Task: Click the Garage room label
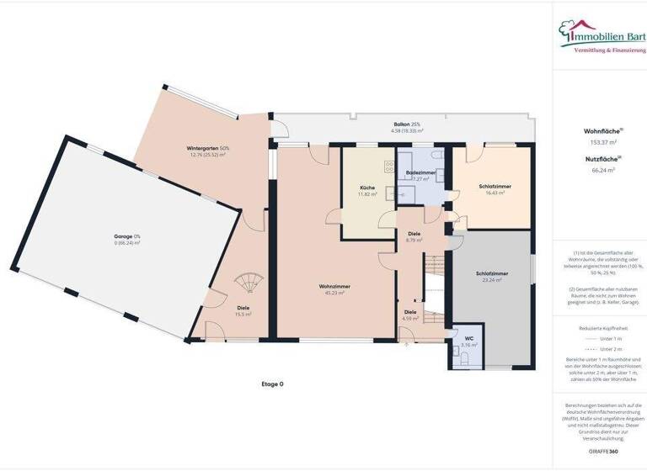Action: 127,238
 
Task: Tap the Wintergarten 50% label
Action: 208,149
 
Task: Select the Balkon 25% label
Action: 407,124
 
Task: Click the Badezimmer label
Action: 420,172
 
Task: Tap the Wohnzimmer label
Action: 334,288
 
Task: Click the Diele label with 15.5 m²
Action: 243,309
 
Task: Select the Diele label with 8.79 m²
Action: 414,235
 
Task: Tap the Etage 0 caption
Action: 272,384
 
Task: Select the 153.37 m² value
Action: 599,142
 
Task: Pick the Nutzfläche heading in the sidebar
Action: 598,158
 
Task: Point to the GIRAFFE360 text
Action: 602,451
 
